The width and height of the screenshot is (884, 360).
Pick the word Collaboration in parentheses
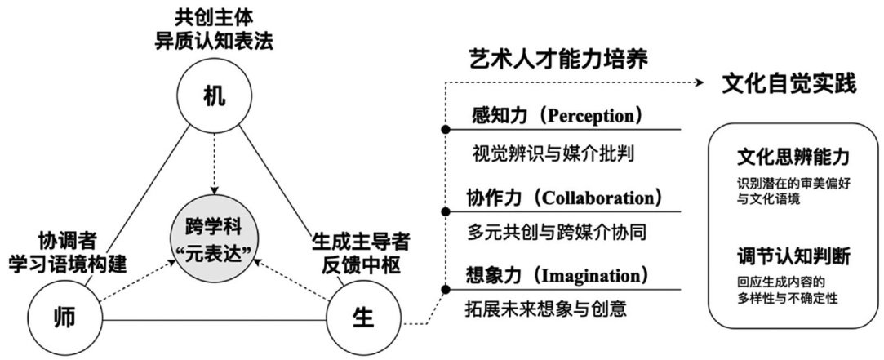coord(600,198)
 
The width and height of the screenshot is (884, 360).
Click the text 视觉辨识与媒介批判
coord(553,153)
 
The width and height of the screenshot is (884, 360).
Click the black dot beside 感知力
coord(445,130)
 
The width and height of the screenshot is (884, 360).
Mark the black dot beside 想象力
coord(445,289)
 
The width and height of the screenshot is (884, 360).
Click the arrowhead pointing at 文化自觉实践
coord(702,82)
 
